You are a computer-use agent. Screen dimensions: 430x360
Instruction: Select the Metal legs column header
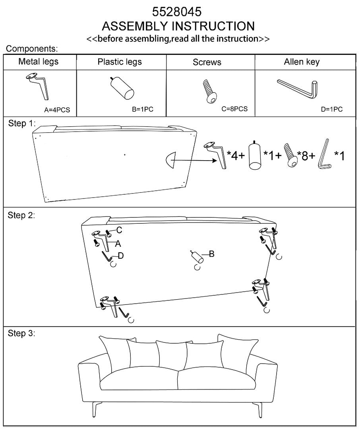tap(39, 62)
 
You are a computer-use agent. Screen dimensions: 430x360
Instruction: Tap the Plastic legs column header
tap(120, 62)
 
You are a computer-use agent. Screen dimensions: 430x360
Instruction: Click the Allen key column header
tap(302, 62)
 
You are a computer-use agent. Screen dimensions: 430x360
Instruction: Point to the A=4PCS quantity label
tap(57, 110)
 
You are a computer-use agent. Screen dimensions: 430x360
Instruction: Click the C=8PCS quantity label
tap(235, 109)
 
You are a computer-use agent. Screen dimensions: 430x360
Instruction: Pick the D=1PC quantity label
tap(331, 110)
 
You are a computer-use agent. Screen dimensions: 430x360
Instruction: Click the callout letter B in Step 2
tap(211, 254)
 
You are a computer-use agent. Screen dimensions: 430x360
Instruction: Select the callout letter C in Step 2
tap(119, 230)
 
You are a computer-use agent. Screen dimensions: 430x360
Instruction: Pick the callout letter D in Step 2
tap(120, 256)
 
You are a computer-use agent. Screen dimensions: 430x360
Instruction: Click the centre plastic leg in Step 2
tap(197, 257)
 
